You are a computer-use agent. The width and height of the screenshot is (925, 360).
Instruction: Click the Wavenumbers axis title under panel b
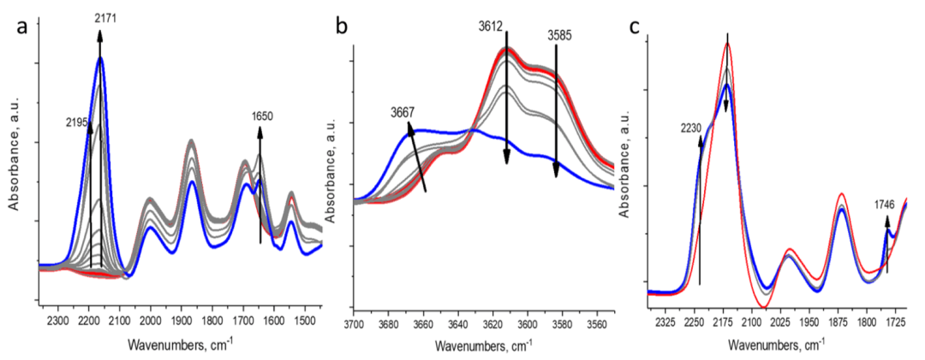click(x=482, y=346)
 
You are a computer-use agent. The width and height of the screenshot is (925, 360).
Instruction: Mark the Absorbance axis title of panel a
click(x=14, y=165)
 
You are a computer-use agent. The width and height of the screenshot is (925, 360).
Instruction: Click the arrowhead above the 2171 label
click(x=100, y=33)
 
